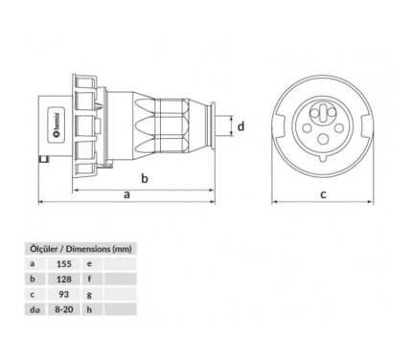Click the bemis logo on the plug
(57, 124)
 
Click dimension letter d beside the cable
(241, 126)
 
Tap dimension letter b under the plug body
(145, 178)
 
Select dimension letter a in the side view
(127, 194)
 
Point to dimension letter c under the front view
(323, 194)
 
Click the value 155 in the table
(64, 264)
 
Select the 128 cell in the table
(64, 280)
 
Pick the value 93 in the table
(64, 294)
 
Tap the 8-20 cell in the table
(64, 309)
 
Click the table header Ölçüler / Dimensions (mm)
(80, 249)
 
